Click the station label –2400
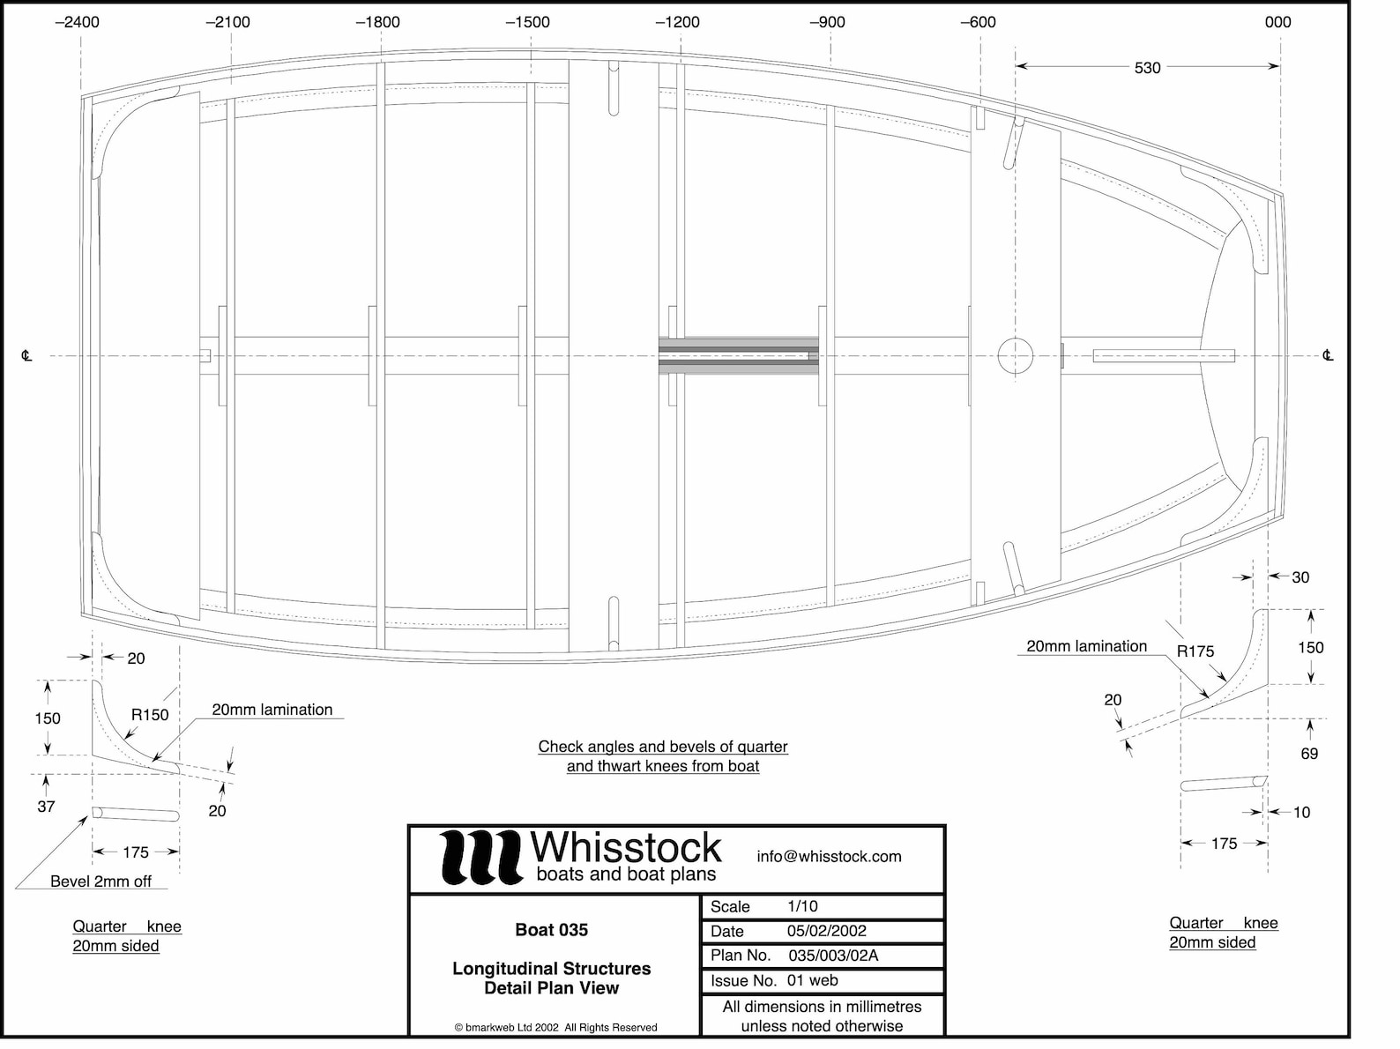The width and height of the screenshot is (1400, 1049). (77, 22)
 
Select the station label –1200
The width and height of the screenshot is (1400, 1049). (677, 22)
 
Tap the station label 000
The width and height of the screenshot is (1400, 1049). (1277, 22)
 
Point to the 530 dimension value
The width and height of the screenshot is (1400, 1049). (1147, 68)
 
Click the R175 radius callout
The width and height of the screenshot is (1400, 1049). (1195, 651)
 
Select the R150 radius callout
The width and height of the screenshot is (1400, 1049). (150, 715)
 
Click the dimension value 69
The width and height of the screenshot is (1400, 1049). (1309, 754)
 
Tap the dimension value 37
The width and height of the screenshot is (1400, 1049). (46, 807)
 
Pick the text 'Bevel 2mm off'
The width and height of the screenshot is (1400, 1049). (101, 882)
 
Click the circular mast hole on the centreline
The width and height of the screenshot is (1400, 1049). (1015, 356)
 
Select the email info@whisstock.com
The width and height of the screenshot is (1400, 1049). (829, 857)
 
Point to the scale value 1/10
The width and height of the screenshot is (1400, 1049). (802, 906)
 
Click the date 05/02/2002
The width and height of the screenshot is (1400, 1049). (826, 931)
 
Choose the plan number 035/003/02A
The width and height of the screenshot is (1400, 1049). (833, 956)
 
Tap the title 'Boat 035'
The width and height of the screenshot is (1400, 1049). (551, 930)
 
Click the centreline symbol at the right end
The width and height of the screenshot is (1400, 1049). (1327, 356)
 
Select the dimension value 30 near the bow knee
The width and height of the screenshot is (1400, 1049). (1300, 577)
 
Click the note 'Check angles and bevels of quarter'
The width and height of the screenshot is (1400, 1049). (663, 747)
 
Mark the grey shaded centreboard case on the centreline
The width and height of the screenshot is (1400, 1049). (739, 356)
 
